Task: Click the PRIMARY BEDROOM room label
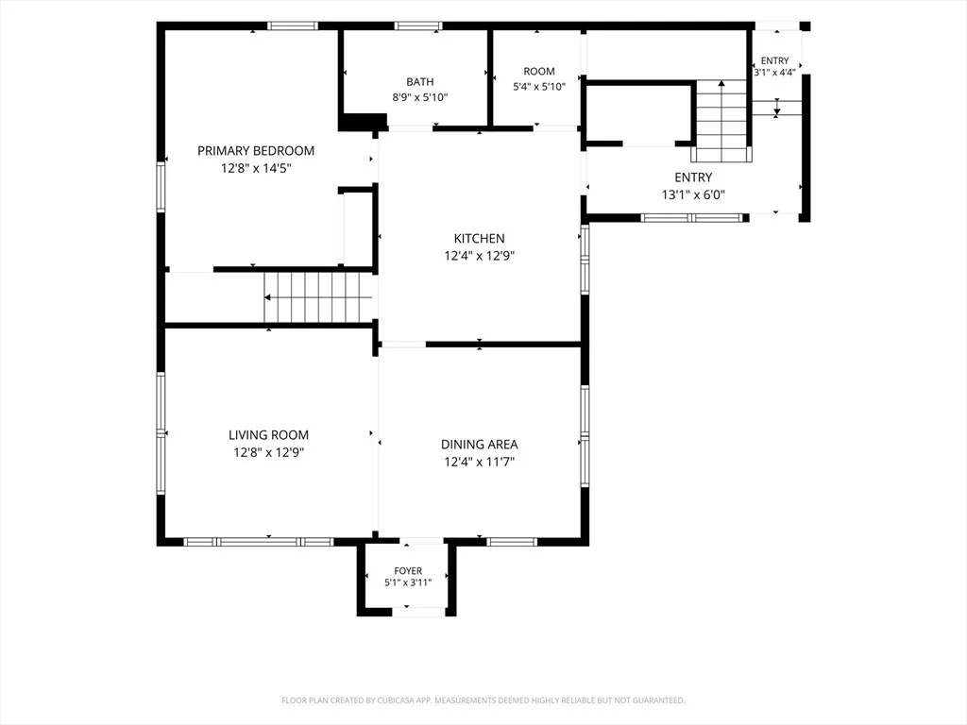click(256, 150)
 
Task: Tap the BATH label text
click(419, 81)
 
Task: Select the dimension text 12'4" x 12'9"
click(479, 255)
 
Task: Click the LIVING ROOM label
click(268, 434)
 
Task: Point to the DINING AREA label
click(479, 444)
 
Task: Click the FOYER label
click(408, 571)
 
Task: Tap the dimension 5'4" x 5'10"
click(539, 86)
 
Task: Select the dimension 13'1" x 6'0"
click(693, 194)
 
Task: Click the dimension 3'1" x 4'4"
click(774, 72)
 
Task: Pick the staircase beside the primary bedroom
click(318, 297)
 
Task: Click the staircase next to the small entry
click(721, 121)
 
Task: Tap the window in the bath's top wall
click(418, 25)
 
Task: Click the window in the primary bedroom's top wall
click(293, 25)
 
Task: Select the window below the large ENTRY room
click(692, 218)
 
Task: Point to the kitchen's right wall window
click(585, 259)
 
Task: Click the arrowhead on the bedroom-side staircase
click(267, 297)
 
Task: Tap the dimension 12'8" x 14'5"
click(256, 168)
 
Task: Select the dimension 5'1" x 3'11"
click(408, 582)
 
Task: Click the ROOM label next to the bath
click(539, 71)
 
